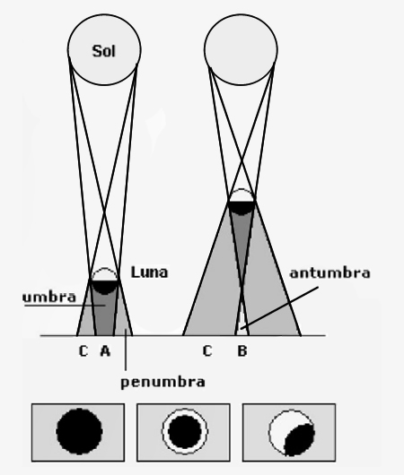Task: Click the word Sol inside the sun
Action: pos(104,51)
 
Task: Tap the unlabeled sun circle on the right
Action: pos(241,49)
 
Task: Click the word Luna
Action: pos(149,272)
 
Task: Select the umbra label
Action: pos(49,298)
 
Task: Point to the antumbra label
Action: pos(330,273)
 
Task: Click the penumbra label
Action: pos(163,383)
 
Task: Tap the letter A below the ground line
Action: pos(105,350)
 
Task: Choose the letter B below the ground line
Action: pos(242,350)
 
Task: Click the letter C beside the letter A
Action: pos(83,350)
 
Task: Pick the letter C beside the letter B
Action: pos(207,350)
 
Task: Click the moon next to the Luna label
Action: pos(105,281)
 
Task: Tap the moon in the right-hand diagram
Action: pos(242,202)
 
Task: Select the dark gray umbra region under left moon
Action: pos(105,312)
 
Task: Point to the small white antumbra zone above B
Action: pos(242,324)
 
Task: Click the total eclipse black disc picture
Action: pos(79,431)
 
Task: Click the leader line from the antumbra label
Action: pos(279,307)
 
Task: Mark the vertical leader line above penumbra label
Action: pos(126,350)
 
